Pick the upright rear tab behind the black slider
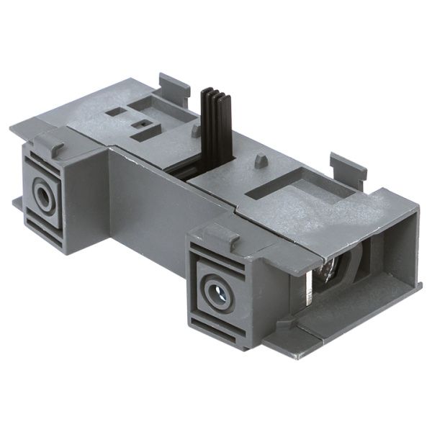point(174,87)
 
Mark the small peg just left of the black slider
point(194,131)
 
